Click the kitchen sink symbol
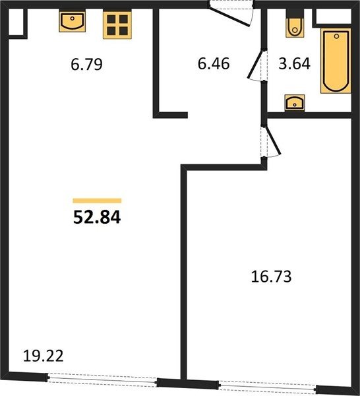(72, 21)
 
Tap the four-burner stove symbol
(117, 25)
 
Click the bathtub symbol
(336, 61)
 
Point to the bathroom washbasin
(295, 103)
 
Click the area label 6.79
(86, 64)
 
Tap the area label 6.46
(214, 63)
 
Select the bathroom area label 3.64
(295, 63)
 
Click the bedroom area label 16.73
(271, 277)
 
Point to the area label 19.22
(43, 356)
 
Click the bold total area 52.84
(97, 217)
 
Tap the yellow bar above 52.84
(97, 201)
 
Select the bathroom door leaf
(255, 64)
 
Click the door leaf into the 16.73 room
(273, 141)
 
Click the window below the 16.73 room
(268, 387)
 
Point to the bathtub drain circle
(336, 36)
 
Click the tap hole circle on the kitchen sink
(73, 18)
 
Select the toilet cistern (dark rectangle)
(295, 14)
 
